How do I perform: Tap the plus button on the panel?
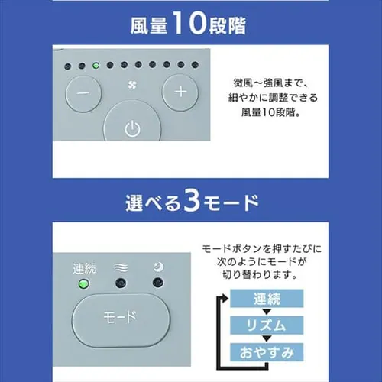coord(180,92)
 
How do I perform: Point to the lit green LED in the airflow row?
coord(93,65)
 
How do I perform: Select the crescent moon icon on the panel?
coord(157,267)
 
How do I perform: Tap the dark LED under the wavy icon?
coord(121,286)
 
